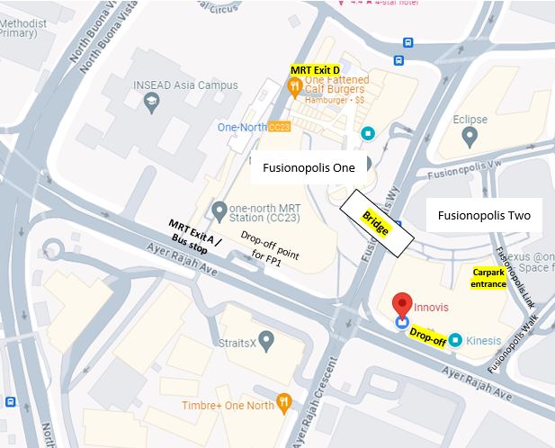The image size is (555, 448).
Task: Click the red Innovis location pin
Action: click(x=402, y=304)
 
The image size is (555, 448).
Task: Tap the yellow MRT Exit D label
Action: click(x=315, y=69)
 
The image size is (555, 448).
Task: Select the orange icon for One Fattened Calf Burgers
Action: click(x=293, y=86)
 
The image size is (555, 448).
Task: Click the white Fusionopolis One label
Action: click(x=309, y=167)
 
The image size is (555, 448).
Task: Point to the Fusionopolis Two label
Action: click(x=484, y=216)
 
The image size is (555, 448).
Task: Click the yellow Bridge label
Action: click(x=375, y=224)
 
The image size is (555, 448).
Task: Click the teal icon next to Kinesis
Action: click(x=455, y=340)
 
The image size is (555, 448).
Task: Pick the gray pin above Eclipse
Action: click(x=469, y=136)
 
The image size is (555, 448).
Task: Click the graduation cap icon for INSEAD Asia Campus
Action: click(x=150, y=103)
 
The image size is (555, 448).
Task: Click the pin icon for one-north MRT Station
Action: click(x=218, y=211)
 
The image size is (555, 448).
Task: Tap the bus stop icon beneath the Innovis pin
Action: click(x=402, y=321)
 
